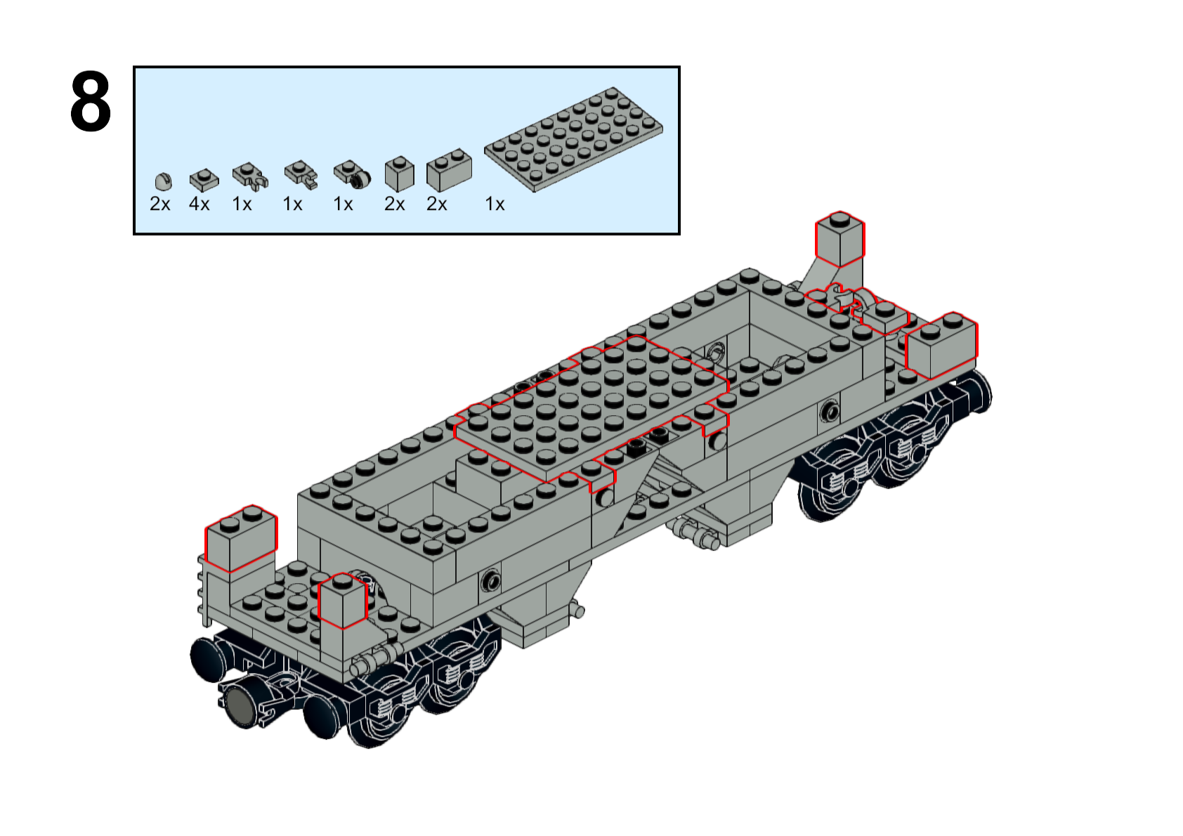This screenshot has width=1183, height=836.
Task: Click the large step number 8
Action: (91, 101)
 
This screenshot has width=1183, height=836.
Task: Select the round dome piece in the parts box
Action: (164, 181)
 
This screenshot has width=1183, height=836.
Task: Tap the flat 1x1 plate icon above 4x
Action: (204, 180)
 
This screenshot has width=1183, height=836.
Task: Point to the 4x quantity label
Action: (199, 204)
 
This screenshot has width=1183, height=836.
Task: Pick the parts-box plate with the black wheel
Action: (352, 174)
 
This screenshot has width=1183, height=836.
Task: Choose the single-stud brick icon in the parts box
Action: (399, 174)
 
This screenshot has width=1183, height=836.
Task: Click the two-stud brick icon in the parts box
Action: (449, 170)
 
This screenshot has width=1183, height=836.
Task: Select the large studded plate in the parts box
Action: (573, 139)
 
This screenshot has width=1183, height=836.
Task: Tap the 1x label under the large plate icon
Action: (495, 204)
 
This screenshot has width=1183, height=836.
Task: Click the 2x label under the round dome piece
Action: (160, 204)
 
